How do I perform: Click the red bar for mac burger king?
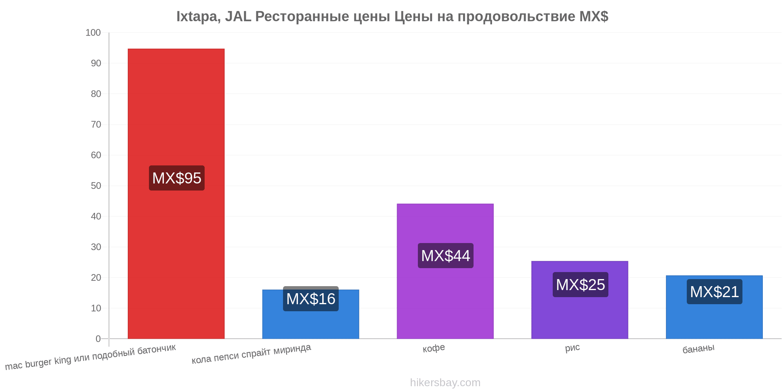coord(176,194)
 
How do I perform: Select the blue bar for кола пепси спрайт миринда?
coord(310,314)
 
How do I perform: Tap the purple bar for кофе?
coord(445,271)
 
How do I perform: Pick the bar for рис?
coord(579,300)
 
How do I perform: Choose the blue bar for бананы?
coord(714,307)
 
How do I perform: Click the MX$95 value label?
coord(177,178)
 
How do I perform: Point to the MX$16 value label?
coord(311,299)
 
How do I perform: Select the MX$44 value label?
coord(446,256)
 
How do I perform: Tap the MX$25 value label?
coord(581,285)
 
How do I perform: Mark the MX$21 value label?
coord(715,292)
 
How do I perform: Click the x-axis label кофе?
coord(434,348)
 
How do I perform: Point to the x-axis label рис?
coord(572,348)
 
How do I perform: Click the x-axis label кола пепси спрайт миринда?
coord(251,354)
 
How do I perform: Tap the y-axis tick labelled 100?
coord(93,33)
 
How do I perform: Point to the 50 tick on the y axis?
coord(96,186)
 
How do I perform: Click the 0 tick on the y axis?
coord(98,339)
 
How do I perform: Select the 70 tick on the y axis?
coord(96,125)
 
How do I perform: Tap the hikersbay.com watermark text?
coord(445,383)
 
